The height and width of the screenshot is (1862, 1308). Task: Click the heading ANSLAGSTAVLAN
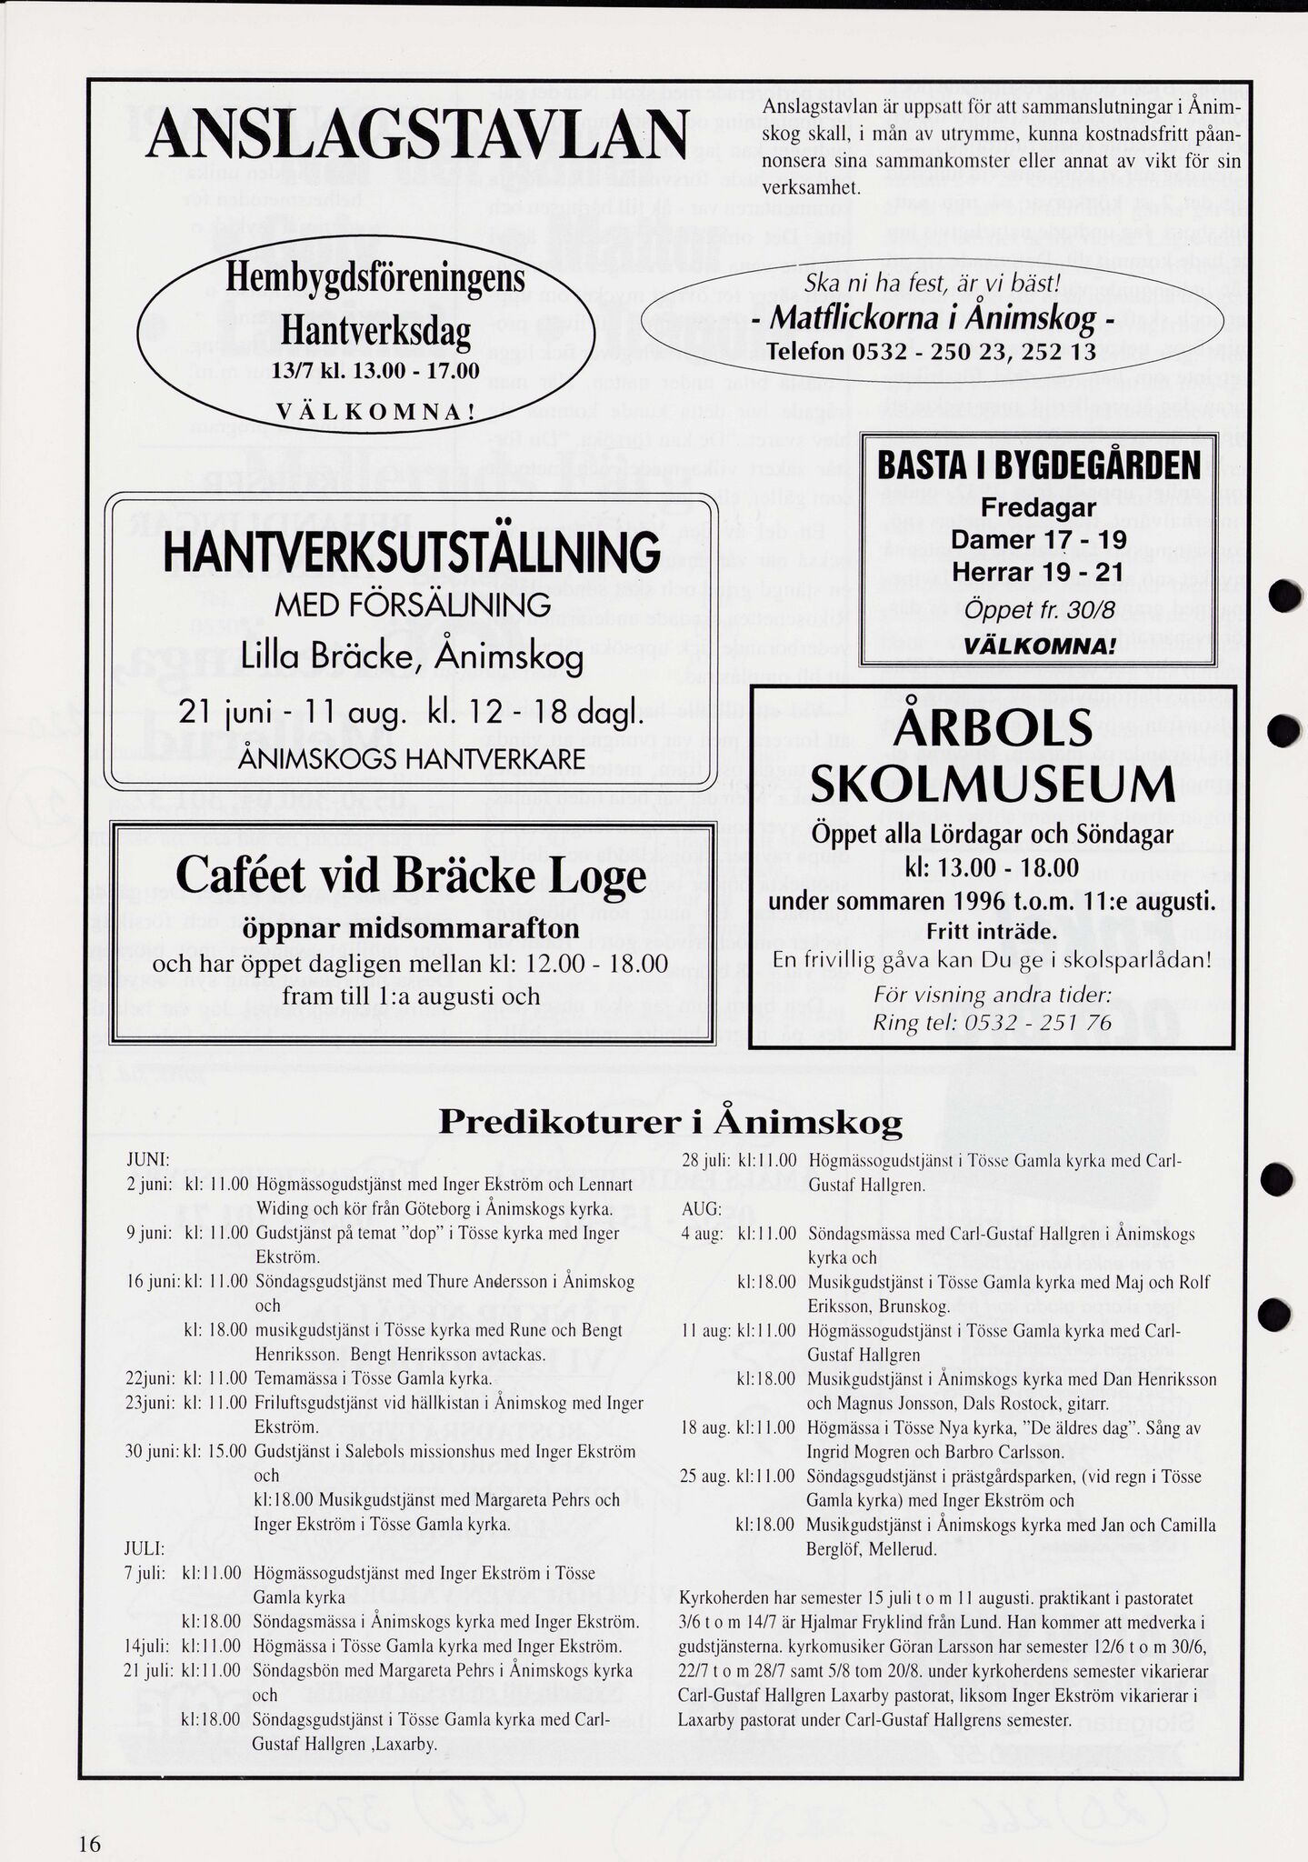coord(416,137)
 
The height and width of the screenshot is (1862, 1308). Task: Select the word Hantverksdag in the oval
coord(375,332)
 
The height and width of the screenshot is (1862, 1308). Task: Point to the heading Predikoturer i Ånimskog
coord(670,1122)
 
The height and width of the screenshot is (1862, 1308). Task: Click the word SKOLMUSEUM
coord(992,785)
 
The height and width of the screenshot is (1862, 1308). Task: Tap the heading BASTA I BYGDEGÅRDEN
coord(1039,466)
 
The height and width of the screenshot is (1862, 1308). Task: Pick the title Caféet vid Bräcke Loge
coord(411,876)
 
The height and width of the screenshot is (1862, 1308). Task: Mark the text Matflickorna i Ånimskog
coord(932,319)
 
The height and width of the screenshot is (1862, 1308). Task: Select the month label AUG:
coord(700,1210)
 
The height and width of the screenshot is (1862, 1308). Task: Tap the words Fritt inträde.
coord(992,933)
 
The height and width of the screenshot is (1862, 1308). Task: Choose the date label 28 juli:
coord(704,1161)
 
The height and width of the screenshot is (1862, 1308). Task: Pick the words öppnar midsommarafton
coord(411,928)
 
